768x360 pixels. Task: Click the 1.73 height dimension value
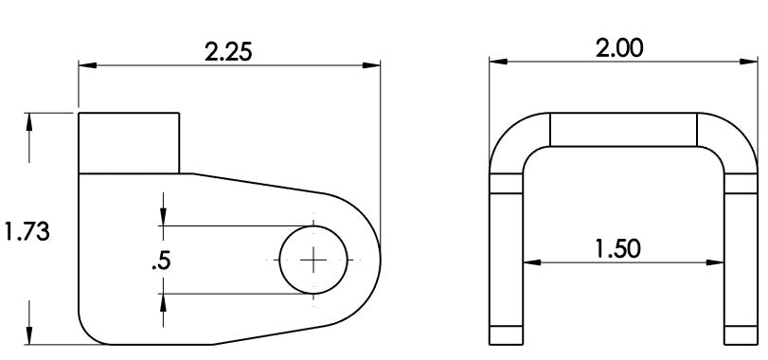[27, 230]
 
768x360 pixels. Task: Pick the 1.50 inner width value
[617, 248]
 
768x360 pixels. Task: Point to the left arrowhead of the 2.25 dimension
[86, 65]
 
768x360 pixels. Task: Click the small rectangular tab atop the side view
[128, 142]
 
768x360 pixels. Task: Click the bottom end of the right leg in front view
[741, 334]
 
